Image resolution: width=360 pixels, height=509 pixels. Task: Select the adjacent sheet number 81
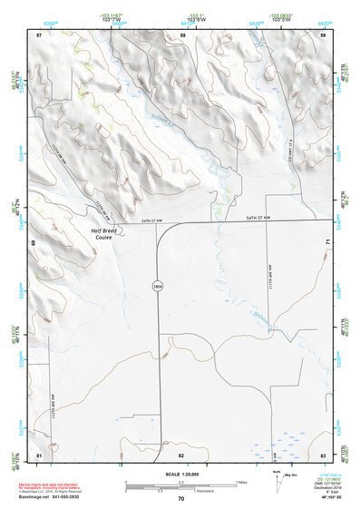pos(39,453)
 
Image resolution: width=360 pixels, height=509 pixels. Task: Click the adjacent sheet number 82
pos(181,453)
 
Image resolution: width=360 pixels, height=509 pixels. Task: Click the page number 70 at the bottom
pos(181,498)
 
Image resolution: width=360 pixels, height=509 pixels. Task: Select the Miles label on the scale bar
pos(240,481)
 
